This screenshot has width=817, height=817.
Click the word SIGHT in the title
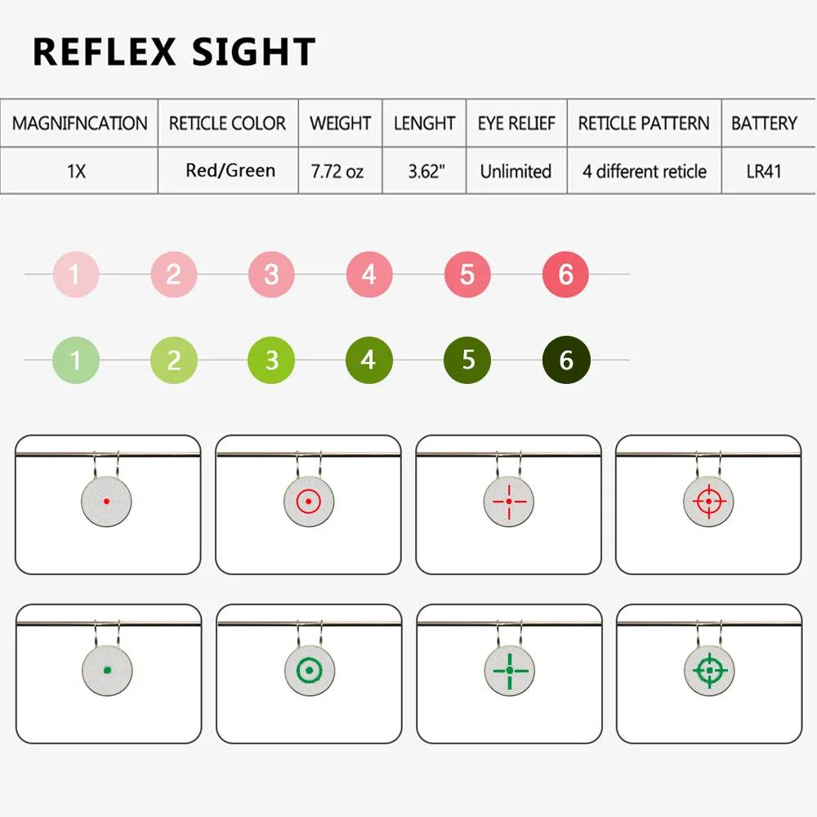point(254,51)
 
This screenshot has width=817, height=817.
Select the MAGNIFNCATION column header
point(80,123)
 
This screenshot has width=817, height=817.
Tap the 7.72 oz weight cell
point(337,172)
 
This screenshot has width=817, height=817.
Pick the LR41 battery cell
point(764,172)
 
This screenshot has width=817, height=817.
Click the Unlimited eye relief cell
point(516,172)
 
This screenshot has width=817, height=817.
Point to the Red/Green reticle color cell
point(230,171)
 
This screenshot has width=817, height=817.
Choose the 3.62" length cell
point(426,172)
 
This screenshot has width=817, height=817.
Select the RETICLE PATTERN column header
point(644,123)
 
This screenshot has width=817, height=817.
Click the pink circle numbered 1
point(76,275)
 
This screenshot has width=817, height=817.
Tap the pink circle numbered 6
point(566,275)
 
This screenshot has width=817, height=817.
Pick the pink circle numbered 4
point(369,275)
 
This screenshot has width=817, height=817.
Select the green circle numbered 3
point(271,360)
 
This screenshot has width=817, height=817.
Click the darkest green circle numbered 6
point(566,360)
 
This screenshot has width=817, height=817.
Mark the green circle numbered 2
point(174,360)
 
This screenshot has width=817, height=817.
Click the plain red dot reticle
point(107,502)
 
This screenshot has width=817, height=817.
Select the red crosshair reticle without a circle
point(509,502)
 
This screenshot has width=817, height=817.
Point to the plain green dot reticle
point(107,671)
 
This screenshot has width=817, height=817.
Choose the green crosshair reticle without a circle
point(510,671)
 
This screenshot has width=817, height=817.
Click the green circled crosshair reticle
point(710,671)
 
